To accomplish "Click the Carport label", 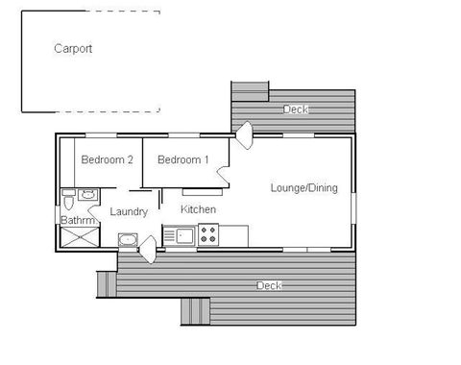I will point(73,48).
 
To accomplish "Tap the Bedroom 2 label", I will point(106,159).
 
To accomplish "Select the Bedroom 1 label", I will point(182,159).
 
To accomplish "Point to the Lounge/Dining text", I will point(303,188).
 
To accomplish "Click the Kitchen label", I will point(198,209).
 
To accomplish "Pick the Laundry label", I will point(128,211).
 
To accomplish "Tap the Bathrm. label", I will point(78,221).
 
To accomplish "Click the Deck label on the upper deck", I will point(296,109).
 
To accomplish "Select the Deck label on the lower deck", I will point(269,286).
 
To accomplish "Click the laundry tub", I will point(127,239).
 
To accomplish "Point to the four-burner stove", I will point(209,233).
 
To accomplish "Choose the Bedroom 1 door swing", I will point(223,175).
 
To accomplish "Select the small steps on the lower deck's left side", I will point(106,284).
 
